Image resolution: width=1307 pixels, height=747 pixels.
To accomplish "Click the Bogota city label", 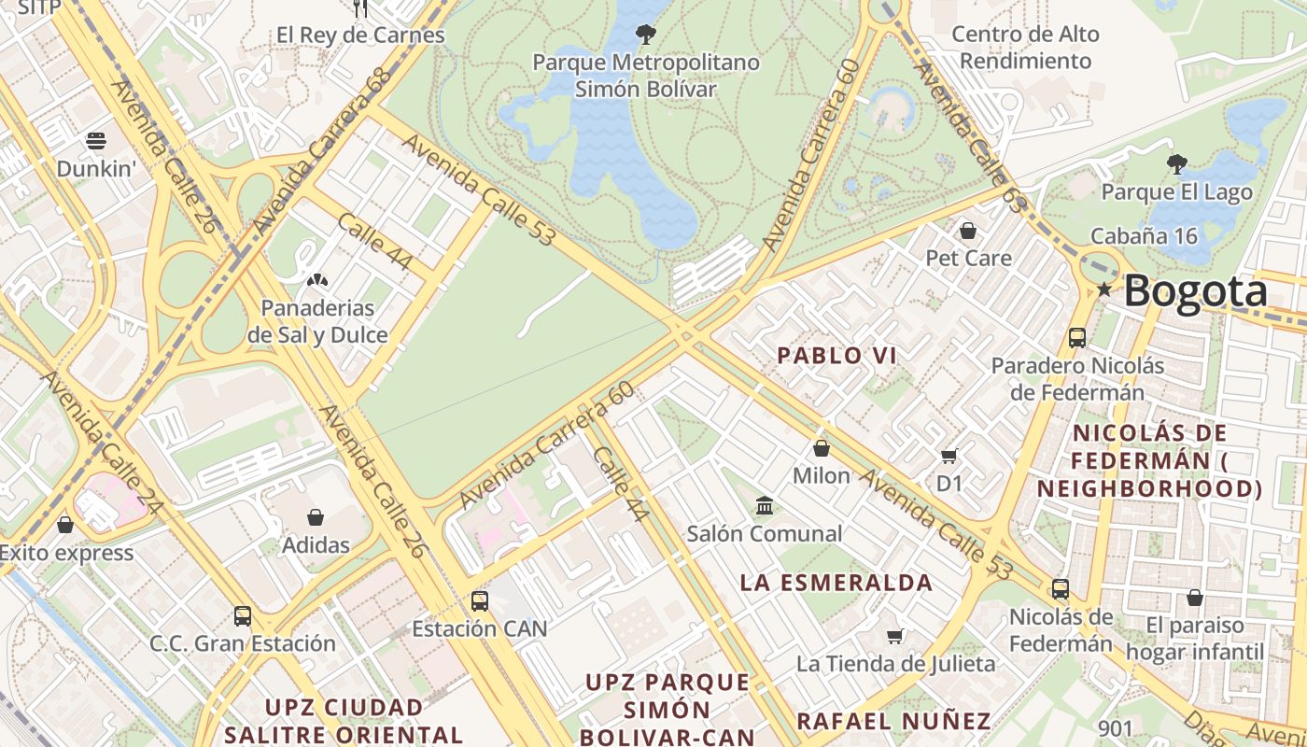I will [1195, 291].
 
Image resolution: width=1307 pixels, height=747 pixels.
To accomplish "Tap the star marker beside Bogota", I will [1104, 289].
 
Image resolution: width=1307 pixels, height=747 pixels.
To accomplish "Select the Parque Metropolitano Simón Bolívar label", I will [645, 76].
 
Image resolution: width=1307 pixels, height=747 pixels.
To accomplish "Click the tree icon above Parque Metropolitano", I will [645, 35].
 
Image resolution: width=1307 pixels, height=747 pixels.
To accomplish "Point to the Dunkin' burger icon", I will [96, 141].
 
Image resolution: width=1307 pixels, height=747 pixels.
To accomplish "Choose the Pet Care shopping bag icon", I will [968, 230].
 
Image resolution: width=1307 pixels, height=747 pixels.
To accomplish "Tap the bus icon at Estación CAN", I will [479, 600].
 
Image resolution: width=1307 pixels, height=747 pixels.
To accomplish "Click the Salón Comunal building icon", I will [765, 506].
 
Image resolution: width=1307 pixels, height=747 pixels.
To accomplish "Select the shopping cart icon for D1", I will [949, 456].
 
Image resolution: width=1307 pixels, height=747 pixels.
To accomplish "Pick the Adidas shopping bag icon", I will [316, 516].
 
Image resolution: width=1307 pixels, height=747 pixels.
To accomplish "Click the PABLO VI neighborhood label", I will [836, 356].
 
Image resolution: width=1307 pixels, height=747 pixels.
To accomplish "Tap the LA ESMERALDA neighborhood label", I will [836, 583].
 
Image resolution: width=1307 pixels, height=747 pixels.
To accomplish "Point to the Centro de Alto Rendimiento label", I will [1025, 48].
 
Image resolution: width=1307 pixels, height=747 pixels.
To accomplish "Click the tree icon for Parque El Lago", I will [1177, 164].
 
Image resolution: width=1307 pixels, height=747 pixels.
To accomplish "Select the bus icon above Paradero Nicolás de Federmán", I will [1077, 337].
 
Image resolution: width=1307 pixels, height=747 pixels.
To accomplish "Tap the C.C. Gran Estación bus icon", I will [243, 615].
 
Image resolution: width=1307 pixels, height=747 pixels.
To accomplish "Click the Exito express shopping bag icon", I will [65, 525].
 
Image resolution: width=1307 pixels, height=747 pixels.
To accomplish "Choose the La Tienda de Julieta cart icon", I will [895, 637].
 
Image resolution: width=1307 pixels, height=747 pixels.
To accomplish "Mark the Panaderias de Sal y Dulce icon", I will [317, 279].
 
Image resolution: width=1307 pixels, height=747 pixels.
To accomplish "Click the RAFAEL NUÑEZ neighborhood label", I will [893, 721].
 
